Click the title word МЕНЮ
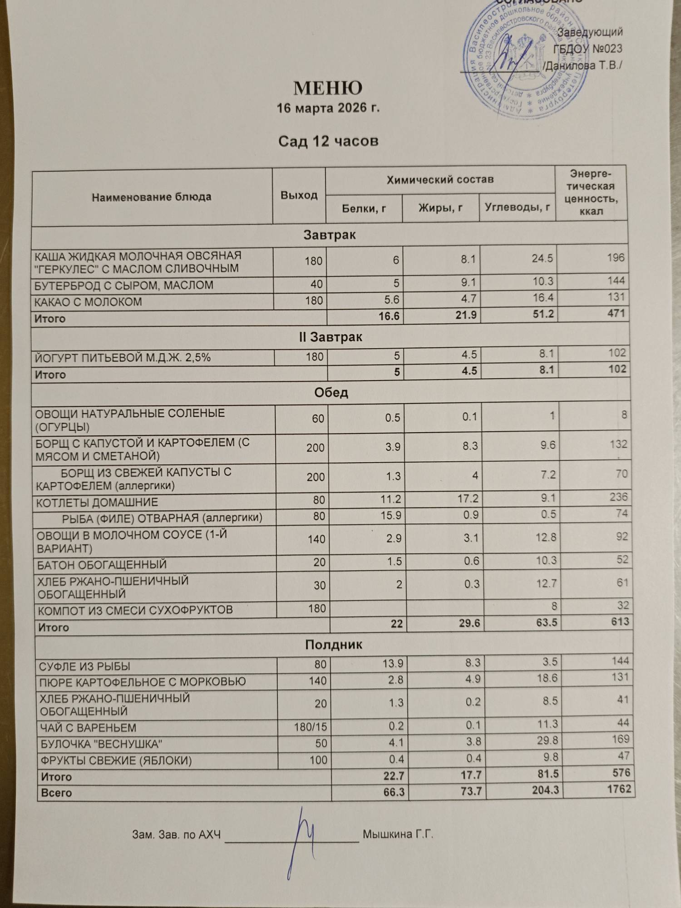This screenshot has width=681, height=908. pos(328,88)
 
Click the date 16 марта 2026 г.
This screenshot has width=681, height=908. pos(328,109)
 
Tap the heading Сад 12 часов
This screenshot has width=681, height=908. pos(328,141)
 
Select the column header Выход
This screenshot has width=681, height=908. pos(299,195)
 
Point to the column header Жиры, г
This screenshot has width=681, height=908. pos(440,208)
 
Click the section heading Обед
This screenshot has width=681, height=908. pos(331,393)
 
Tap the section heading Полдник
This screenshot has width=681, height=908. pos(333,645)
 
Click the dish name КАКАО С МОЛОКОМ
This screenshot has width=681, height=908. pos(89,302)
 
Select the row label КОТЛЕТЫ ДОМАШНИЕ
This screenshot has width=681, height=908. pos(97,503)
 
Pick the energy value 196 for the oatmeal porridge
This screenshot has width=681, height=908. pos(616,257)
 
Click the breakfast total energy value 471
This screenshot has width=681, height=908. pos(616,313)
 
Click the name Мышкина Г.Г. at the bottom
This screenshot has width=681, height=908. pos(398,834)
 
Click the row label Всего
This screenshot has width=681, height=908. pos(56,793)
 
